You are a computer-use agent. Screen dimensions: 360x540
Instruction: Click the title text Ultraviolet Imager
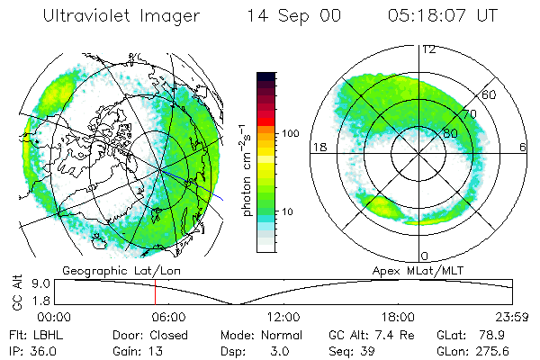128,15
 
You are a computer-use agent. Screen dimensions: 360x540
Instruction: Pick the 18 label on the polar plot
318,147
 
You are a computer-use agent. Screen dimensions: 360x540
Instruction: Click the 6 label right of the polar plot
522,147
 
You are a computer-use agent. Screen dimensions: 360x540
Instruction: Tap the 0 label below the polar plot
425,256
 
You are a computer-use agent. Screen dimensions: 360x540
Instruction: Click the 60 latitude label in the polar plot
490,94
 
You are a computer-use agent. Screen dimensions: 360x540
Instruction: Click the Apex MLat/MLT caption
418,269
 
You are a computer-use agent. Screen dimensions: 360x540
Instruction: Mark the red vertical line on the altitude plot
155,292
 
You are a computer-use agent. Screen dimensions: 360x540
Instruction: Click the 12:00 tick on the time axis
283,317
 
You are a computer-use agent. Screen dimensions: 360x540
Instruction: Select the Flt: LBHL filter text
37,334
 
